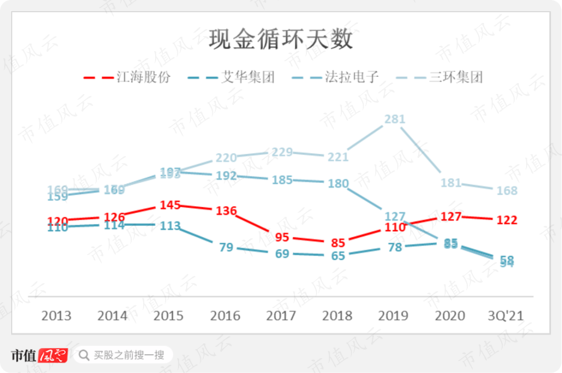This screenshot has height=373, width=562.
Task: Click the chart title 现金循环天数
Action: (x=280, y=40)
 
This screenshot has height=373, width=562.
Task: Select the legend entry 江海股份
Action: (x=127, y=77)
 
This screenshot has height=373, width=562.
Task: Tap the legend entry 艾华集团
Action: (x=232, y=77)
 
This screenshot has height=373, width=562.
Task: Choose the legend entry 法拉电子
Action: (x=336, y=77)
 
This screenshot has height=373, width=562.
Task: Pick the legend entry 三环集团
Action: (x=440, y=77)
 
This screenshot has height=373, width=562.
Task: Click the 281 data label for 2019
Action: (x=394, y=119)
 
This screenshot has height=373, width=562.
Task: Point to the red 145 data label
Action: (x=170, y=205)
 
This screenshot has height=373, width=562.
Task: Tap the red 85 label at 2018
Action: (x=338, y=243)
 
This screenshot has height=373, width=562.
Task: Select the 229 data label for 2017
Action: (x=282, y=152)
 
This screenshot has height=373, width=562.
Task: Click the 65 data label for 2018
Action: (x=338, y=256)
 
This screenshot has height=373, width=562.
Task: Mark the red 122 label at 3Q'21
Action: (x=507, y=220)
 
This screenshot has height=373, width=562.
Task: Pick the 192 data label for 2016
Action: (x=226, y=176)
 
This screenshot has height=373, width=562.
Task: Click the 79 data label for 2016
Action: (x=226, y=247)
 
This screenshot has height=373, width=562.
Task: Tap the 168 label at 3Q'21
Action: (x=507, y=191)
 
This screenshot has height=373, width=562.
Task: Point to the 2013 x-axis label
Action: (x=56, y=315)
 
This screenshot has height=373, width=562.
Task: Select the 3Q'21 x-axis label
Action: (x=506, y=315)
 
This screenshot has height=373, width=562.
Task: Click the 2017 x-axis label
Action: (x=282, y=315)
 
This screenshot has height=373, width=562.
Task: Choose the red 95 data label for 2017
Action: (x=282, y=237)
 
